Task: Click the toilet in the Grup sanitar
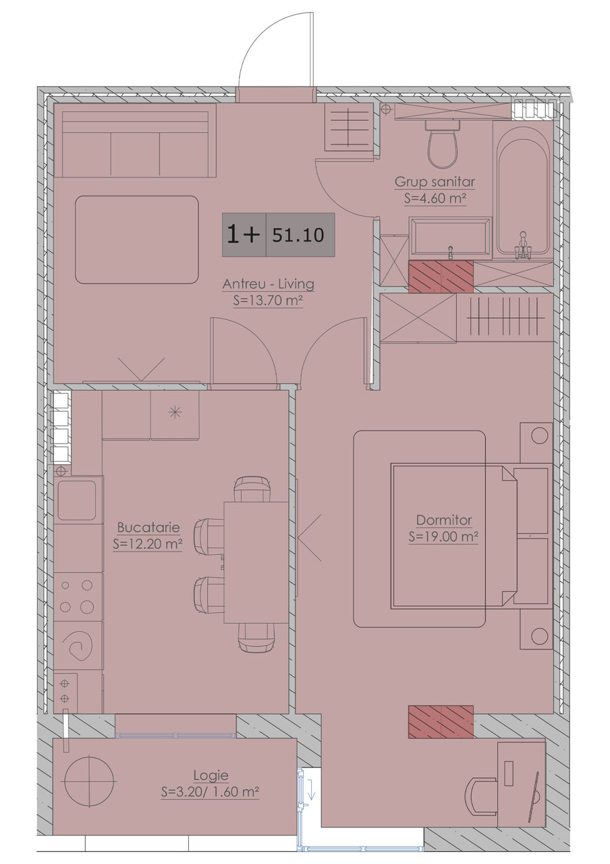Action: click(443, 144)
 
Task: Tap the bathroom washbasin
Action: click(450, 238)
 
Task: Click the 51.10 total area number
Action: click(298, 235)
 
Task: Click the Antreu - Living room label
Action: click(269, 284)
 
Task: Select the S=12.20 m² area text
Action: click(148, 544)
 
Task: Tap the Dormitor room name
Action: click(444, 520)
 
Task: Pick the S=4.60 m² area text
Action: click(435, 198)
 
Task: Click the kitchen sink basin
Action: click(77, 500)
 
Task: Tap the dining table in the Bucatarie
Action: click(256, 562)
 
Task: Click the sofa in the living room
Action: click(135, 140)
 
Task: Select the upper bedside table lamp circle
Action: click(539, 435)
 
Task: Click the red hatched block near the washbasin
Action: click(441, 276)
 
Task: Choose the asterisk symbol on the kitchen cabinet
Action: click(175, 412)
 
